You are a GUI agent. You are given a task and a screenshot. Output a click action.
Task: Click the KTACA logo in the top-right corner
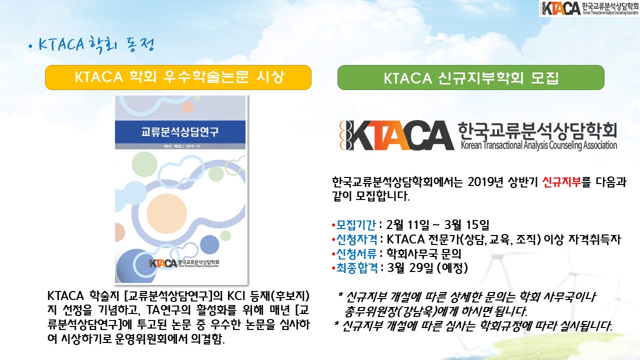(589, 8)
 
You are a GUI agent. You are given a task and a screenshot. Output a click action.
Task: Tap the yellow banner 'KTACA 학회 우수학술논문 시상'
(178, 77)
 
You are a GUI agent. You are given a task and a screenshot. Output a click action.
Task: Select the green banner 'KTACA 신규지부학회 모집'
(471, 77)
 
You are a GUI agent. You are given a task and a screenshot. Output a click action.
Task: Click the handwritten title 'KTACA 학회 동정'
(92, 45)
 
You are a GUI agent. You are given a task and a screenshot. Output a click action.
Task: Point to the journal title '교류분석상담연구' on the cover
(180, 132)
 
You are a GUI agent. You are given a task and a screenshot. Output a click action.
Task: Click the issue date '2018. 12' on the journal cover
(193, 146)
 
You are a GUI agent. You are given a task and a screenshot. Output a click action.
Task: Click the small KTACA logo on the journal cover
(183, 263)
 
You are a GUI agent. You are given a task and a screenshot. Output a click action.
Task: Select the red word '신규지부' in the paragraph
(561, 181)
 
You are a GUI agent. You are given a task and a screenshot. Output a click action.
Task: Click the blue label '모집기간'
(355, 225)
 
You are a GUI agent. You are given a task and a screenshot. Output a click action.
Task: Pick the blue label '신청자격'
(356, 239)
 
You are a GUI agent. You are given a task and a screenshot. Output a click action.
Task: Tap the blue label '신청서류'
(356, 253)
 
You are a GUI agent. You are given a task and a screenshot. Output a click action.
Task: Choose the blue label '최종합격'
(357, 267)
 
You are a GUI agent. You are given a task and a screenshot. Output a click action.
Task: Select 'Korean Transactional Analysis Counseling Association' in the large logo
(539, 145)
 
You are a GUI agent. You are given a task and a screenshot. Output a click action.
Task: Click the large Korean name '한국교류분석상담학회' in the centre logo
(537, 131)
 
